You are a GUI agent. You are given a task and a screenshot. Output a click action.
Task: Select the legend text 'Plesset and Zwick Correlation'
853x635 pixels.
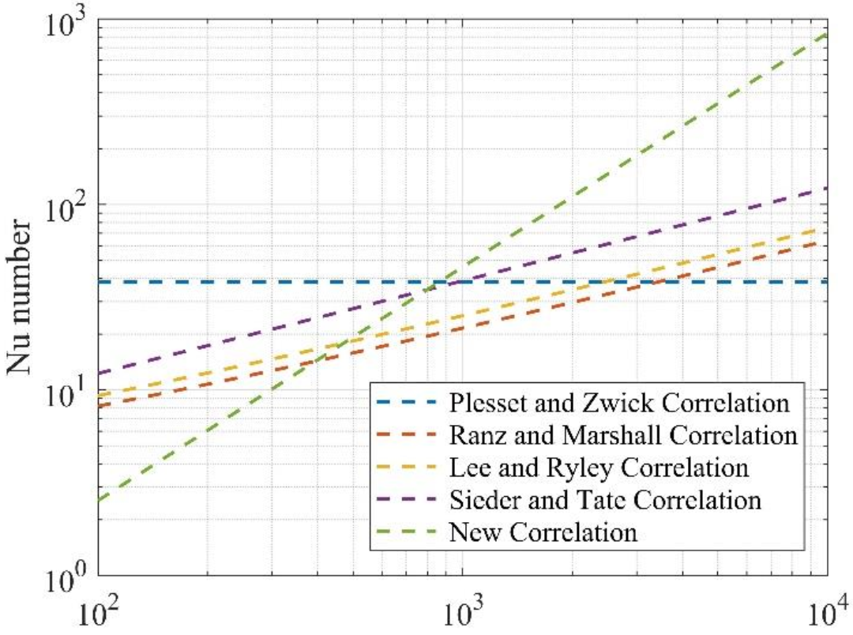619,404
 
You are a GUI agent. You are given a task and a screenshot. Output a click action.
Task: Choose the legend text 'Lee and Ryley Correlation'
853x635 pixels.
598,468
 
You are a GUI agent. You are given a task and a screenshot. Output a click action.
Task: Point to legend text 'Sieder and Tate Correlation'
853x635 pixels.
605,500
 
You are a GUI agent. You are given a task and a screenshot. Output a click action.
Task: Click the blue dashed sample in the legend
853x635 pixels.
408,404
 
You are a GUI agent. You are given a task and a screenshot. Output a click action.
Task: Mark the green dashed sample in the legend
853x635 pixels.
408,532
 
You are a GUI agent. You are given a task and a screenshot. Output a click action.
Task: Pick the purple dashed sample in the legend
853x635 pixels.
408,500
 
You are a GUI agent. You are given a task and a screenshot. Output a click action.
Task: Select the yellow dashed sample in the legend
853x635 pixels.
408,468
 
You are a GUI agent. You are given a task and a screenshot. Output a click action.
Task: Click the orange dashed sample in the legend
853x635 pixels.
408,436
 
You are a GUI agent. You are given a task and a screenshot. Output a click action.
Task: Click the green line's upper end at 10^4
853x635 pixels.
826,35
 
